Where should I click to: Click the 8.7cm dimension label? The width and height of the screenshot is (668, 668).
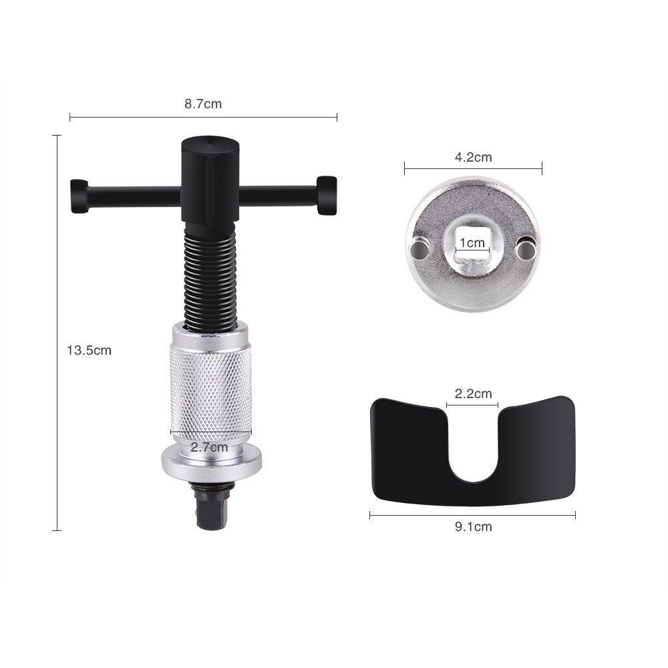pyautogui.click(x=203, y=104)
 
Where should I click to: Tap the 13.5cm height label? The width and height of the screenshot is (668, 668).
pyautogui.click(x=89, y=350)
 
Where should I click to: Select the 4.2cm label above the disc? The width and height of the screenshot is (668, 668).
pyautogui.click(x=473, y=158)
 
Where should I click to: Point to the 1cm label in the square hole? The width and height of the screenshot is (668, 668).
pyautogui.click(x=472, y=243)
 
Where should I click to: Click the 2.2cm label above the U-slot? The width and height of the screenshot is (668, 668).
pyautogui.click(x=473, y=393)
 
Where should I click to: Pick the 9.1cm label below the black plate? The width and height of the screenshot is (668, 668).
pyautogui.click(x=473, y=526)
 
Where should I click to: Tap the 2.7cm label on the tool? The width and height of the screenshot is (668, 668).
pyautogui.click(x=209, y=447)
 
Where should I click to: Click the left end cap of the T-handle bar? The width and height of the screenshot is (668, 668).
pyautogui.click(x=79, y=196)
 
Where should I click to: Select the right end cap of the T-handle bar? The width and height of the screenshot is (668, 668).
pyautogui.click(x=327, y=195)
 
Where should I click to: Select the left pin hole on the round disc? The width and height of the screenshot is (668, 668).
pyautogui.click(x=420, y=249)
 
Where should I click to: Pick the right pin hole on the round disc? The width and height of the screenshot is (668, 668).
pyautogui.click(x=526, y=249)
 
